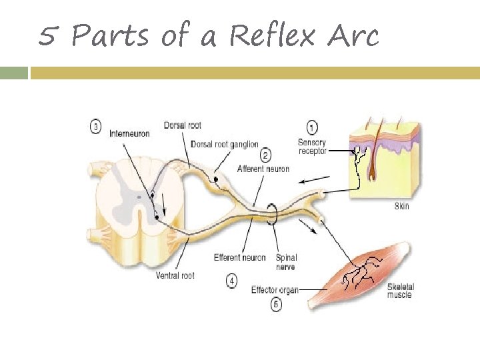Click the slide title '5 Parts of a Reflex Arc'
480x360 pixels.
pyautogui.click(x=208, y=35)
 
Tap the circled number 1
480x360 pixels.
pyautogui.click(x=312, y=127)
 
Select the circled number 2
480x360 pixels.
pyautogui.click(x=265, y=156)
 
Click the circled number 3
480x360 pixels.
pyautogui.click(x=97, y=125)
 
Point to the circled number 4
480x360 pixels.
pyautogui.click(x=231, y=281)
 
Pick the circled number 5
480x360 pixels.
pyautogui.click(x=276, y=305)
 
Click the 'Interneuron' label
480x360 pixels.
pyautogui.click(x=129, y=133)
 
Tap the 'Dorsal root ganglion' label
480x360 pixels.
pyautogui.click(x=224, y=144)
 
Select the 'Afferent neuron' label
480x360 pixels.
pyautogui.click(x=263, y=169)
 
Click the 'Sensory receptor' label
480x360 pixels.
pyautogui.click(x=312, y=146)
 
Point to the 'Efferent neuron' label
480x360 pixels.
pyautogui.click(x=239, y=257)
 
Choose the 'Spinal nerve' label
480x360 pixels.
pyautogui.click(x=286, y=262)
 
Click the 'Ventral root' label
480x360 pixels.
pyautogui.click(x=175, y=275)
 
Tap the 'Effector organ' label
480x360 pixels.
pyautogui.click(x=275, y=290)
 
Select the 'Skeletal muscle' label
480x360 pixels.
pyautogui.click(x=400, y=291)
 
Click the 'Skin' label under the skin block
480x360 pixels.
pyautogui.click(x=401, y=206)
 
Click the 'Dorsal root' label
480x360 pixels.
pyautogui.click(x=182, y=125)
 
